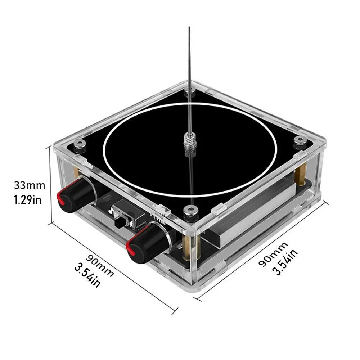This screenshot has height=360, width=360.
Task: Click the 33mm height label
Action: coord(30,185)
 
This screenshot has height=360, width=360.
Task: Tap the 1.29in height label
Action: coord(28,200)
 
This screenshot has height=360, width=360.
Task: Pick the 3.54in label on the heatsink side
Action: coord(285,262)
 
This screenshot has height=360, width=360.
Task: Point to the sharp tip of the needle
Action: coord(189,27)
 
